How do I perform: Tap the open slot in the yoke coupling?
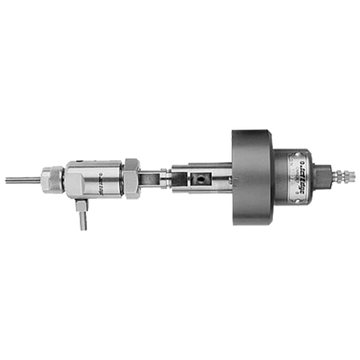(153, 176)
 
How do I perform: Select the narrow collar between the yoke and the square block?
(174, 176)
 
